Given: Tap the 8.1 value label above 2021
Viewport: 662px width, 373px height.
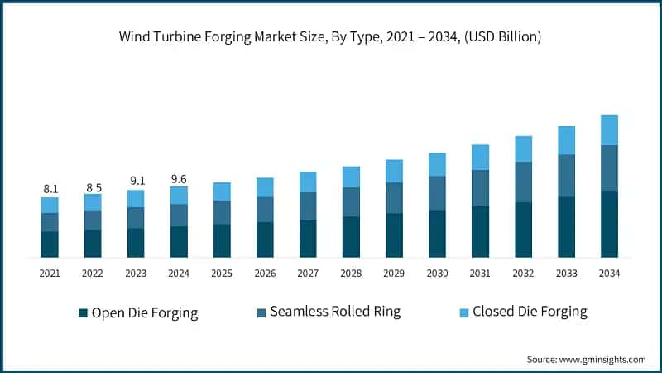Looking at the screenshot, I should [x=50, y=189].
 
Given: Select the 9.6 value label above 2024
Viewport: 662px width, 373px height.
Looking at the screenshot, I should [x=179, y=178].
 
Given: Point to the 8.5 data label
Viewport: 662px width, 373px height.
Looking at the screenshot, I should [x=93, y=186].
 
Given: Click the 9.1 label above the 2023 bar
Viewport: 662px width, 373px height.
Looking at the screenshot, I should [x=136, y=182].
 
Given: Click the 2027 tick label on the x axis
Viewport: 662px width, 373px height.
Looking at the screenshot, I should [x=308, y=273].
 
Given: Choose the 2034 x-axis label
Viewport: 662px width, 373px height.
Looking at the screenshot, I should [x=609, y=273].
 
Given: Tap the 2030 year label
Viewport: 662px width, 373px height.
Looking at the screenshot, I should [x=437, y=273].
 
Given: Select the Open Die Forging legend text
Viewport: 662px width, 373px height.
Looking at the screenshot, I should [x=145, y=312].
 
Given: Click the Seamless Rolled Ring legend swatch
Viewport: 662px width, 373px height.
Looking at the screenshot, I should [x=261, y=312].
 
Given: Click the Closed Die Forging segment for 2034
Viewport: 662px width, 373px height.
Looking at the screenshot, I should [x=609, y=130].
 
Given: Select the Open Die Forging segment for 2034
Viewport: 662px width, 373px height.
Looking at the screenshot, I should [x=609, y=224].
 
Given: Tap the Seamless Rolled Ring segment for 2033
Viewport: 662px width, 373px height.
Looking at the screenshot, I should [x=566, y=175].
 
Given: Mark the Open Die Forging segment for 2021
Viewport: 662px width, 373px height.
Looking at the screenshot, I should [x=50, y=244].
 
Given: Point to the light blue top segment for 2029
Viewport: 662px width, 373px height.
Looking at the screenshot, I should [x=394, y=171].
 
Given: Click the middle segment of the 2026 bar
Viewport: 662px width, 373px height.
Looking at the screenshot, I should [x=265, y=209].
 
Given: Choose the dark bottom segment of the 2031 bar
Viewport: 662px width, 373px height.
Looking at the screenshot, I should [x=480, y=231].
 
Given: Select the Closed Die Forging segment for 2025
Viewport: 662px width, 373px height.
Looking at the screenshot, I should [x=222, y=191].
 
